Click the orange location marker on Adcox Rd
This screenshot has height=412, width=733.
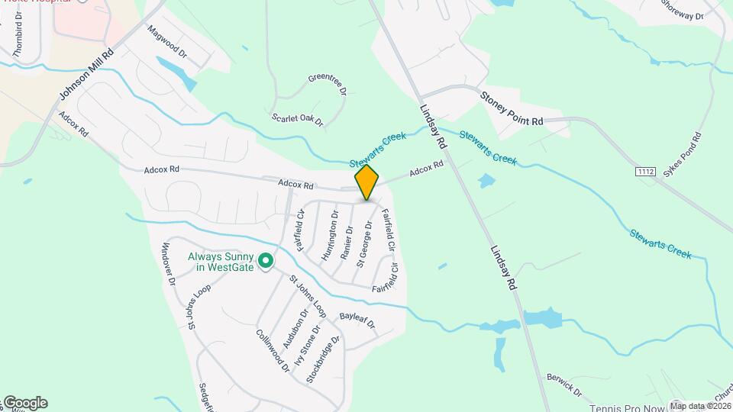[367, 182]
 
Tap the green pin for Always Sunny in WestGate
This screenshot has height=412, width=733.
[266, 262]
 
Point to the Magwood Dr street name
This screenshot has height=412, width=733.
[167, 43]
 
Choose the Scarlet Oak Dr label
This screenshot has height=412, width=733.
[298, 120]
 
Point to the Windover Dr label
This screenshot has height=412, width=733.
[169, 263]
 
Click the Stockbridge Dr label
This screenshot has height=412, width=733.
[322, 359]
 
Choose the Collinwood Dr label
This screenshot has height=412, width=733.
[273, 350]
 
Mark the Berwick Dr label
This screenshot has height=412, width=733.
[564, 385]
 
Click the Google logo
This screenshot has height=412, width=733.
[24, 403]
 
